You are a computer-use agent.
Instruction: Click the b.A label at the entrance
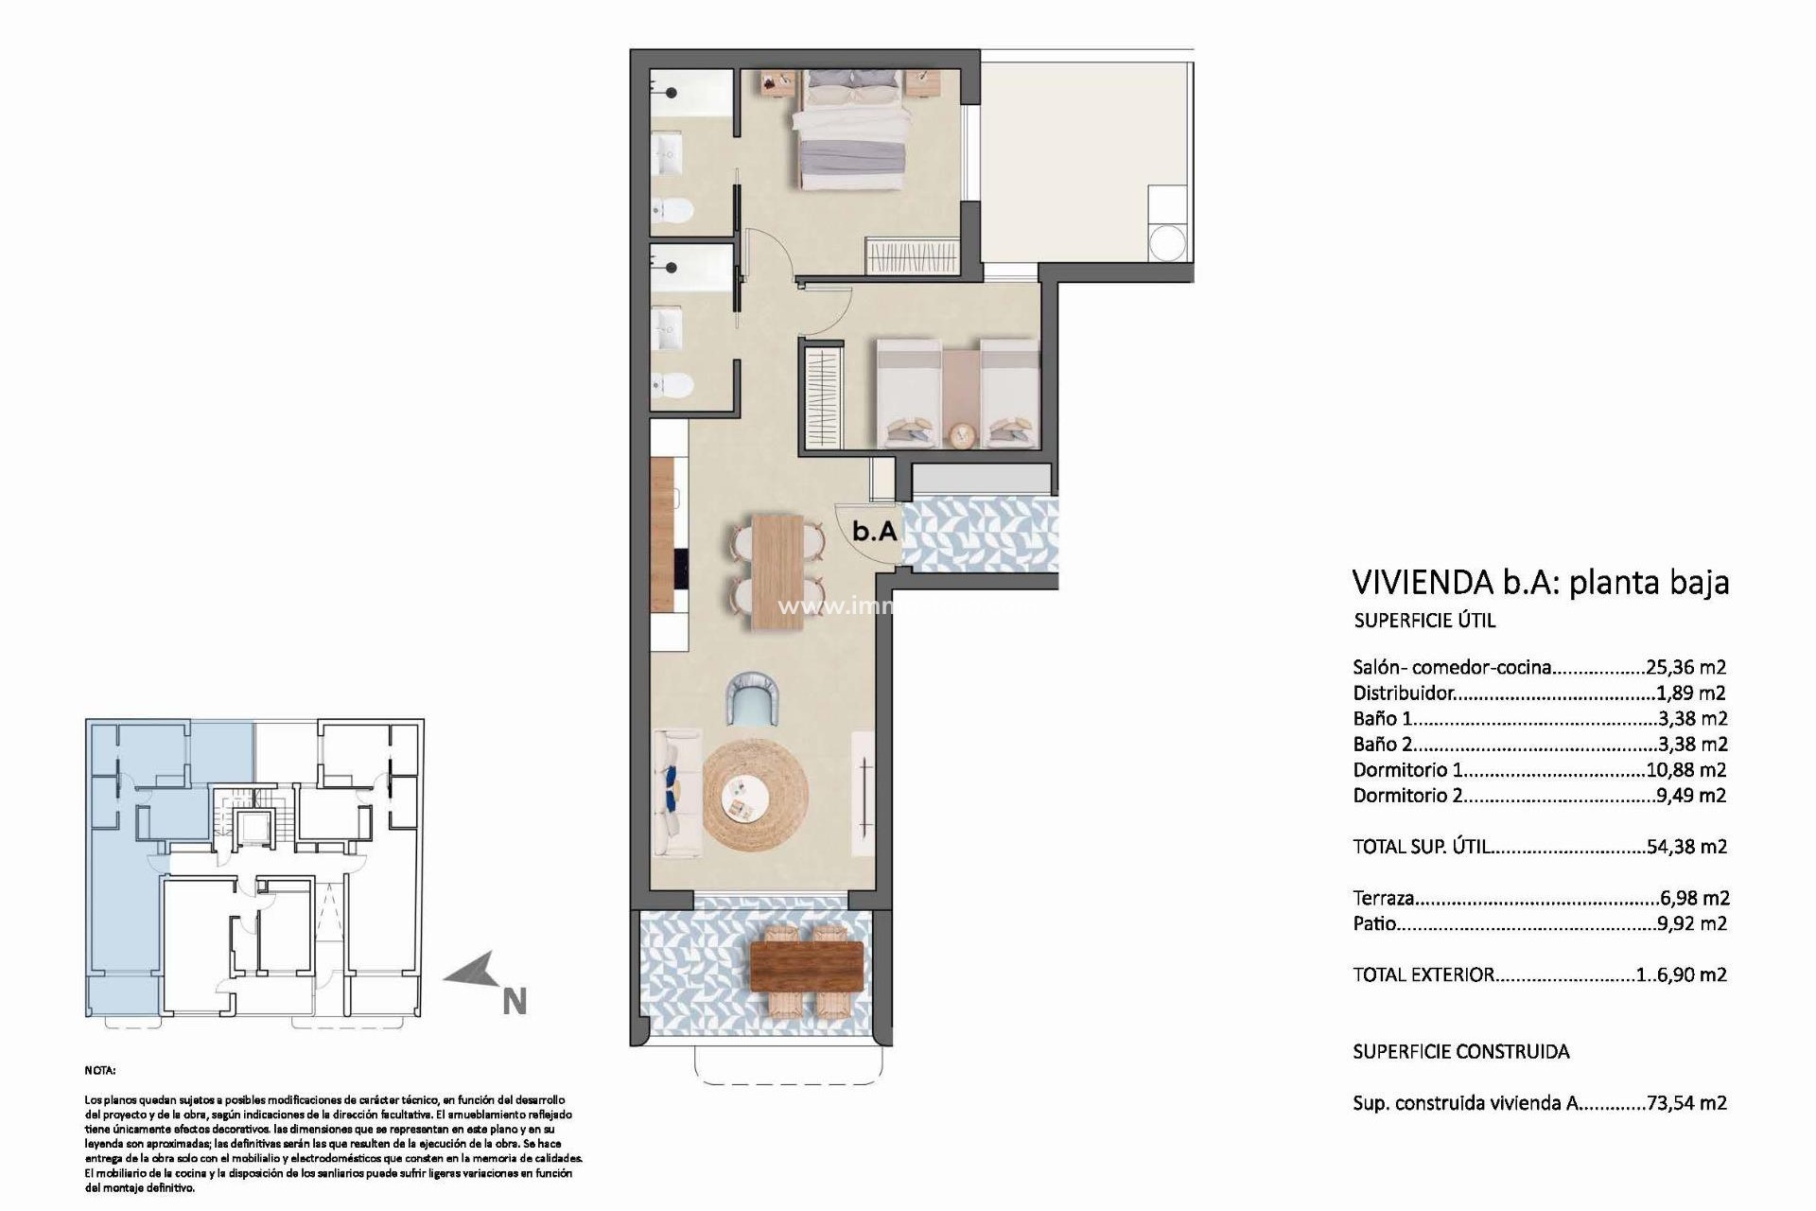point(874,531)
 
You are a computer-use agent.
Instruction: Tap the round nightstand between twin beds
point(962,434)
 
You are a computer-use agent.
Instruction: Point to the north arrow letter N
point(514,1001)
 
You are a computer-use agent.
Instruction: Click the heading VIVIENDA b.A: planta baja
point(1540,582)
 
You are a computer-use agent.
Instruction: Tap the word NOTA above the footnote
point(99,1071)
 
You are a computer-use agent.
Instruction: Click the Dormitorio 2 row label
point(1407,796)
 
